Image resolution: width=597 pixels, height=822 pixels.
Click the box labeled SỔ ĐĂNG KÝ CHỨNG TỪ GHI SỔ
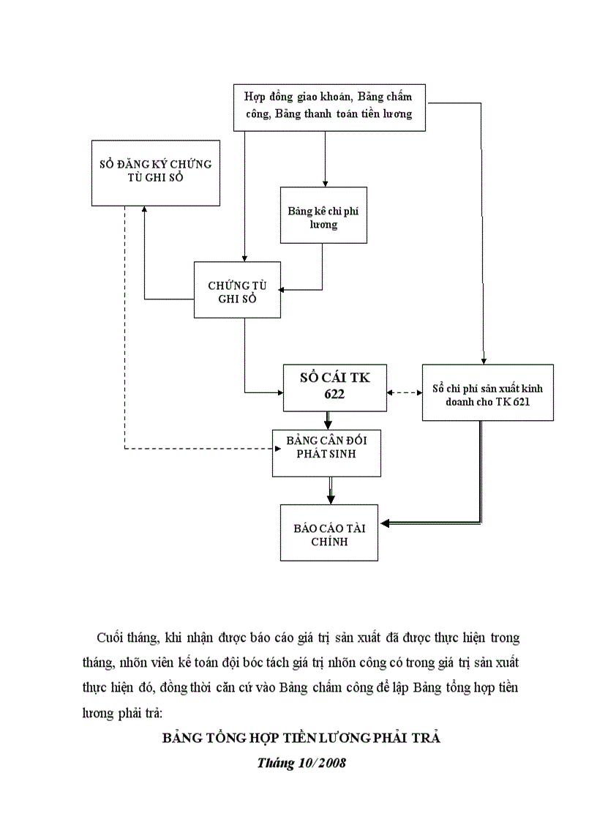156,172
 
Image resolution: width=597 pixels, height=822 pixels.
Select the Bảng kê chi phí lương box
323,214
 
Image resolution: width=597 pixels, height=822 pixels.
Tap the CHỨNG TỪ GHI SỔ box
237,290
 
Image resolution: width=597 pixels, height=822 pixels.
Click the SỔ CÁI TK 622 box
335,386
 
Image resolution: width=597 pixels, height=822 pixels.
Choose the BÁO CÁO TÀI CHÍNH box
329,533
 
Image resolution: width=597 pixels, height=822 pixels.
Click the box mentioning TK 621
487,392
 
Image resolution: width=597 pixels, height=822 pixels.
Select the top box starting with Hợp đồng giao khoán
329,107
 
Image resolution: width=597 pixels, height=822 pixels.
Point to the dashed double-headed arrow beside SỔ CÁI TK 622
405,393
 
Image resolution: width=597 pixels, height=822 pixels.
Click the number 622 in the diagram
335,395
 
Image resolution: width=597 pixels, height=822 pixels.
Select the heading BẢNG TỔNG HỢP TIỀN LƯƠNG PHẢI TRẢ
301,738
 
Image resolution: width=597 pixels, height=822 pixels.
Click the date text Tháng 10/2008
301,763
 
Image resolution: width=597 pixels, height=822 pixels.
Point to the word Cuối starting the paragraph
110,638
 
